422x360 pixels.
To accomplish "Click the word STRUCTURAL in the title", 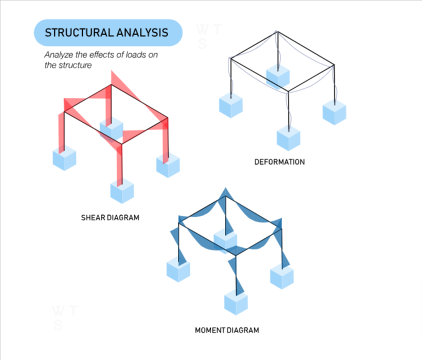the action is point(79,32).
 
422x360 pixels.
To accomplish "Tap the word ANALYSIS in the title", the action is point(142,32).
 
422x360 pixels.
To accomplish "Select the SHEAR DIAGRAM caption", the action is point(110,217).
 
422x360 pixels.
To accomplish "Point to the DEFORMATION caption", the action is point(280,162).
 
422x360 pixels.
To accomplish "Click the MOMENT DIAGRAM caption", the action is point(227,330).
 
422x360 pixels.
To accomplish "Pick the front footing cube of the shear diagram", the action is point(122,191).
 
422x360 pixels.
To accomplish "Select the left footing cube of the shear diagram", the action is point(65,158).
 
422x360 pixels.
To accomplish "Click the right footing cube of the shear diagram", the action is point(168,165).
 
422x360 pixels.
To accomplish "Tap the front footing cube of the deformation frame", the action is point(288,138).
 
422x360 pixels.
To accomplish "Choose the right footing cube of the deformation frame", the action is point(334,113).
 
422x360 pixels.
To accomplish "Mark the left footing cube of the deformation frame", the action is point(231,105).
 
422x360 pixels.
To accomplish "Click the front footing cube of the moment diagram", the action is point(236,302).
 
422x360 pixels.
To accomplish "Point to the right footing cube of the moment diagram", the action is point(282,276).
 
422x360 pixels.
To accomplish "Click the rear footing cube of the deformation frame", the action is point(278,77).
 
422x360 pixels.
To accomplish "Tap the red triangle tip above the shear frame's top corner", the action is point(112,71).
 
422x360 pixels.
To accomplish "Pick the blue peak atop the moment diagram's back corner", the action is point(225,188).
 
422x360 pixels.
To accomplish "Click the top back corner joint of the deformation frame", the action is point(278,32).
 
